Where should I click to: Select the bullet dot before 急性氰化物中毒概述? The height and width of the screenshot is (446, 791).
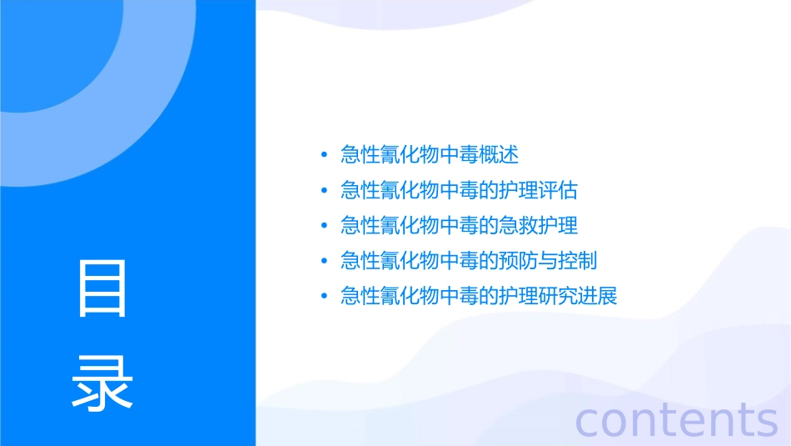click(x=324, y=155)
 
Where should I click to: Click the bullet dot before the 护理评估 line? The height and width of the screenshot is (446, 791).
click(x=324, y=191)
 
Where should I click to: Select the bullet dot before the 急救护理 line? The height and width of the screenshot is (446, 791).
click(x=324, y=226)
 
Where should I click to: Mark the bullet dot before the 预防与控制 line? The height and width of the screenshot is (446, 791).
click(x=324, y=261)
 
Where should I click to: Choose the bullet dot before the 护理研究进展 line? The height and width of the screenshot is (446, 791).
click(x=324, y=296)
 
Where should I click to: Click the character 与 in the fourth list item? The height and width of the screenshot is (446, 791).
click(x=548, y=261)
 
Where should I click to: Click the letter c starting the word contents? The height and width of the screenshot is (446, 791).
click(x=588, y=420)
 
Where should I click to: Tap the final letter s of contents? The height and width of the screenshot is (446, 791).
click(x=766, y=420)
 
